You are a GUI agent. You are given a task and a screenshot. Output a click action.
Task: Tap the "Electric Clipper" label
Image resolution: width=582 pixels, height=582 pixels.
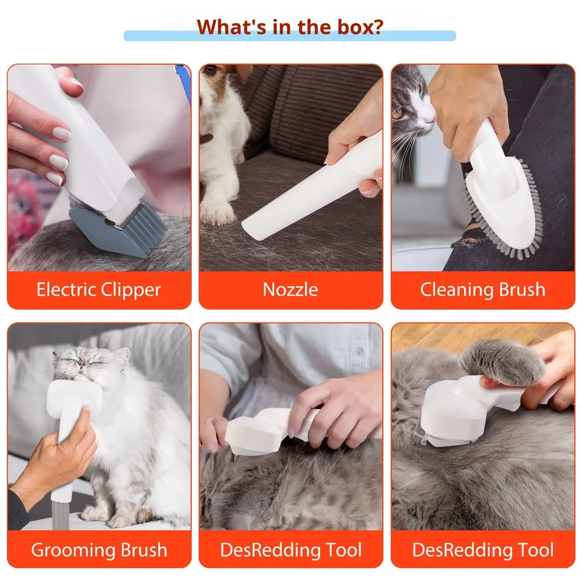[99, 290]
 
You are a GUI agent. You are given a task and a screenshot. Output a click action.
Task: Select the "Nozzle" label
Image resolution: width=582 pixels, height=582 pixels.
[290, 290]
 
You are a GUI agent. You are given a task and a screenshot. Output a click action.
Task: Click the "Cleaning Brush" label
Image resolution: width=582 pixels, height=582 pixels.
[483, 290]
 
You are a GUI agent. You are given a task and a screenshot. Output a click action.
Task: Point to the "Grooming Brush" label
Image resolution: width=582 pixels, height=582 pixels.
[99, 550]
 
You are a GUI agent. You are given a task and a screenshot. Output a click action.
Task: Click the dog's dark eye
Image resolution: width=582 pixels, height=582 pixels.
[211, 69]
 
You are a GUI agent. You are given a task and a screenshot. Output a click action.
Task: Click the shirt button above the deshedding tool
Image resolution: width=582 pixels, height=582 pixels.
[360, 350]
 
